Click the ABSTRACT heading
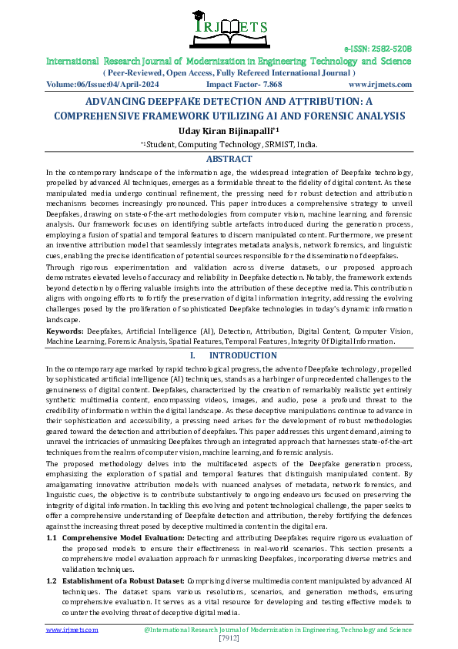[x=229, y=160]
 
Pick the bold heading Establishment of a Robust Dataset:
[x=122, y=579]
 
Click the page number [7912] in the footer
[x=229, y=639]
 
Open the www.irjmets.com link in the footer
[x=72, y=630]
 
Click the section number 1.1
[x=52, y=536]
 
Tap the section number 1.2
[x=52, y=579]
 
